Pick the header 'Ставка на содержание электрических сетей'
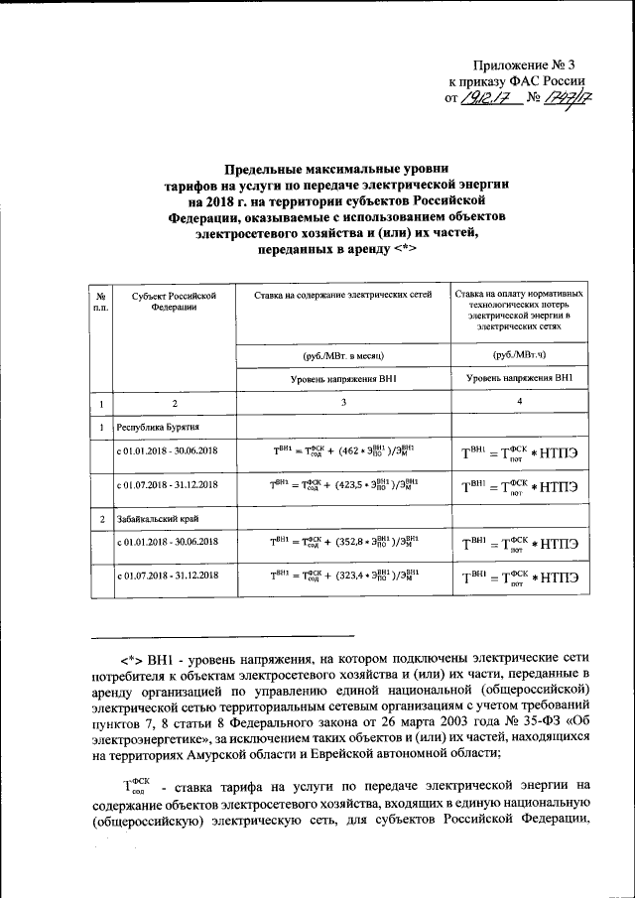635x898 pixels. pos(342,296)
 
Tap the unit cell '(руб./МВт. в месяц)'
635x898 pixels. pos(342,354)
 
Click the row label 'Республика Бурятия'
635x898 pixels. pos(160,428)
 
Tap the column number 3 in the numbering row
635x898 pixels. pos(342,403)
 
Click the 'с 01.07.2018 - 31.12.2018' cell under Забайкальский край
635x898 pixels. pos(167,577)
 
